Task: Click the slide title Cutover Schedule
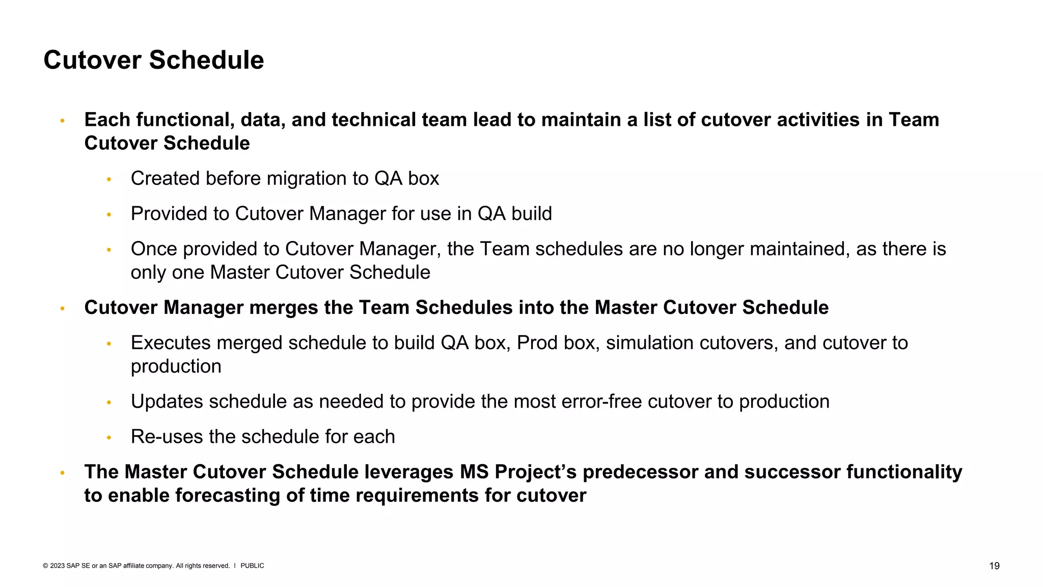pos(153,60)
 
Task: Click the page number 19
pos(994,566)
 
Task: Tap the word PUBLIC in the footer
pos(252,566)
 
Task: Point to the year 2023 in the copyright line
pos(57,566)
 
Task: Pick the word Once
pos(154,249)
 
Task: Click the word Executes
pos(171,343)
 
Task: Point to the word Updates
pos(167,402)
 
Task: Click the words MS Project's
pos(518,472)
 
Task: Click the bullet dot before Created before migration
pos(108,179)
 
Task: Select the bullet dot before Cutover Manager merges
pos(62,308)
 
